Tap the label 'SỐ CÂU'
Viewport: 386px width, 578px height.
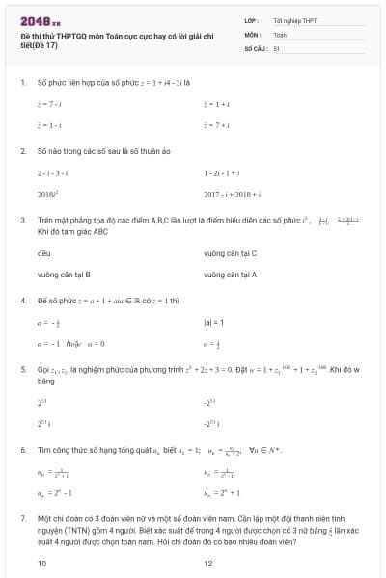coord(255,47)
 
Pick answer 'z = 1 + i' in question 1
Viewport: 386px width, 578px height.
coord(215,102)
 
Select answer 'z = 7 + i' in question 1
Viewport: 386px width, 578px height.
coord(215,125)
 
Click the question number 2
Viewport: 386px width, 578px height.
coord(23,151)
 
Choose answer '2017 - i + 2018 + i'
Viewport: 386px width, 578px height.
coord(233,194)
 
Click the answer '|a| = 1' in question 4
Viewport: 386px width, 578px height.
coord(213,321)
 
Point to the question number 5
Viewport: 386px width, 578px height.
coord(23,369)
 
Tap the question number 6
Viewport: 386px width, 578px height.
coord(23,449)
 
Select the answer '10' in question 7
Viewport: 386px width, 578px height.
coord(41,564)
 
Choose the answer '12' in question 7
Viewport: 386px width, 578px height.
coord(207,564)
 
